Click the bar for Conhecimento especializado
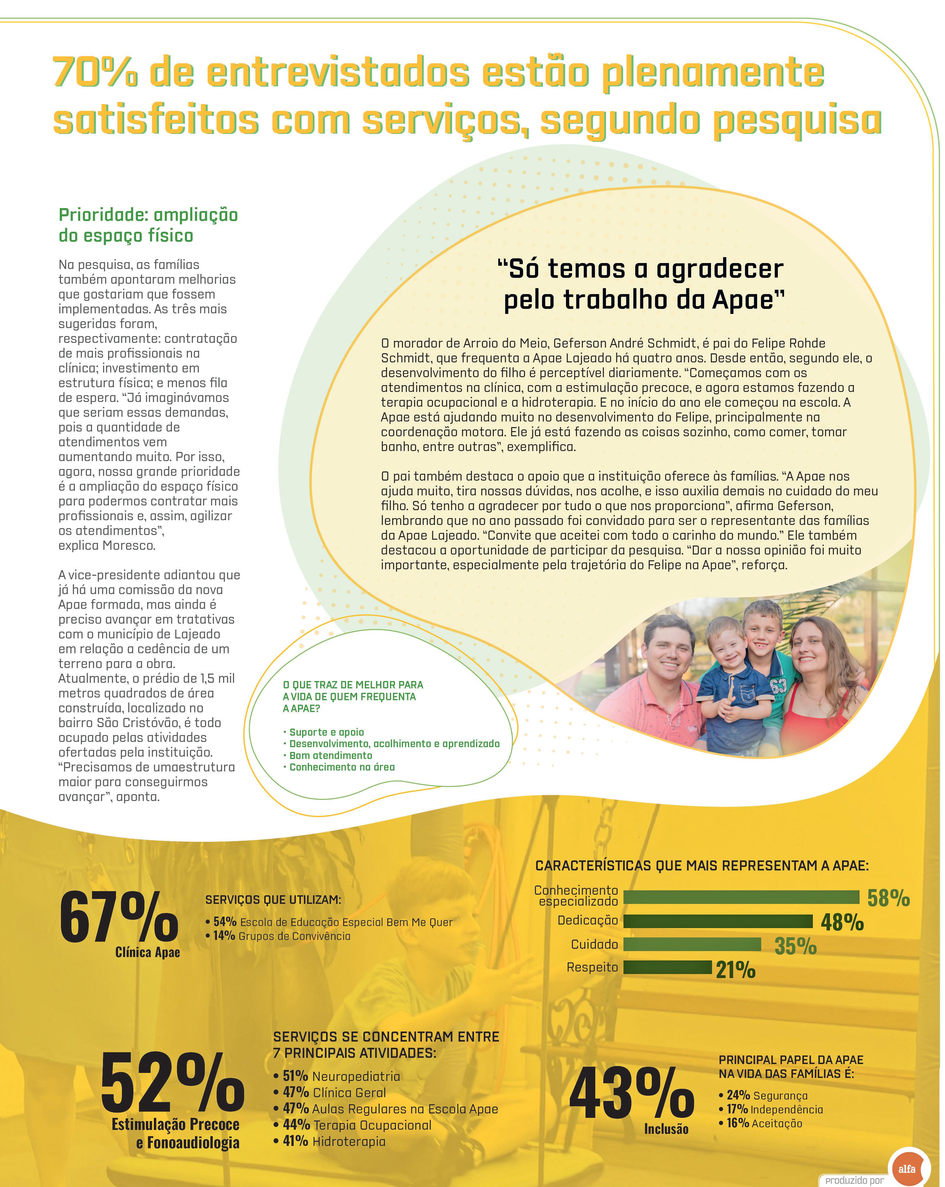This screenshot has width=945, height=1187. pos(741,897)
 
